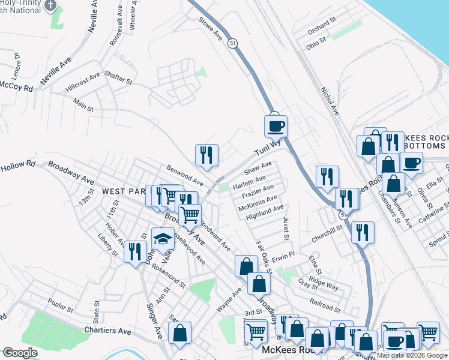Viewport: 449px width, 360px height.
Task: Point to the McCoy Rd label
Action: (16, 87)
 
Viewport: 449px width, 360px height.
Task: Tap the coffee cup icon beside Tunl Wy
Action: (276, 127)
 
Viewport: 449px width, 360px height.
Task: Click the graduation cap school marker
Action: (162, 239)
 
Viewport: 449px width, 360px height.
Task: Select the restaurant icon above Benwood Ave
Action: (206, 155)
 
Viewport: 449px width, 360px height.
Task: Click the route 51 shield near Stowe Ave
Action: (232, 42)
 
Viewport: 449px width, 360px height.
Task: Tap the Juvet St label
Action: (286, 229)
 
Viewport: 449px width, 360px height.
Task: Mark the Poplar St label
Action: (60, 306)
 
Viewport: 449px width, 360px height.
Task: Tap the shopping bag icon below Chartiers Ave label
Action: (179, 335)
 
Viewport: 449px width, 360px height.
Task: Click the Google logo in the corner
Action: (19, 353)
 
